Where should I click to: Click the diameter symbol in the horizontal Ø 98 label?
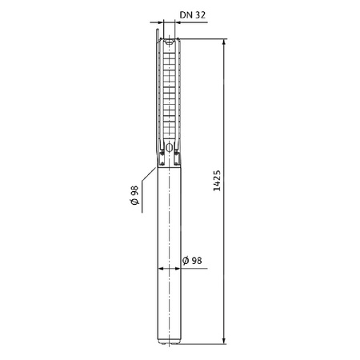click(186, 261)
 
